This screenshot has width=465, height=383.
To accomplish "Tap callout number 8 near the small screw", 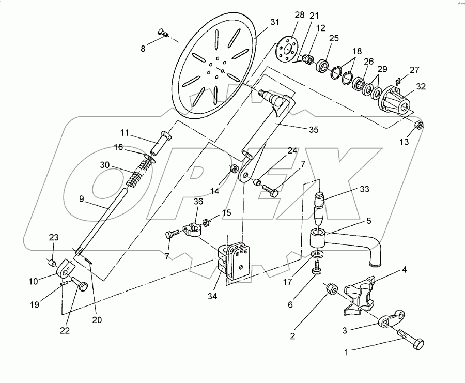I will click(144, 49).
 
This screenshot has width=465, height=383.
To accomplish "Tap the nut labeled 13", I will click(420, 125).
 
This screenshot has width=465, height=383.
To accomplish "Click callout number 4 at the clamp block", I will click(405, 269).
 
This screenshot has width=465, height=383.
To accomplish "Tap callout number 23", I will click(53, 237).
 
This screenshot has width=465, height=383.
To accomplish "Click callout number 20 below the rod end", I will click(97, 320).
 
